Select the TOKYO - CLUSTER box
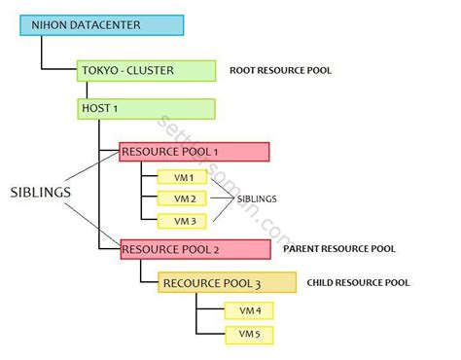point(146,71)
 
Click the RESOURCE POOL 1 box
point(194,152)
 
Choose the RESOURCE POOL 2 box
point(194,249)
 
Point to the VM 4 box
point(249,311)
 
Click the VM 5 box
point(249,335)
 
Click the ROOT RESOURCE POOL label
point(279,71)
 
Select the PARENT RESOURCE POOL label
point(339,249)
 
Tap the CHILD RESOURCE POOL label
point(358,283)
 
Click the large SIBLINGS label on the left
point(40,193)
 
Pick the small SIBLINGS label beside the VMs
point(257,199)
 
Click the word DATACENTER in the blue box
point(106,25)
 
